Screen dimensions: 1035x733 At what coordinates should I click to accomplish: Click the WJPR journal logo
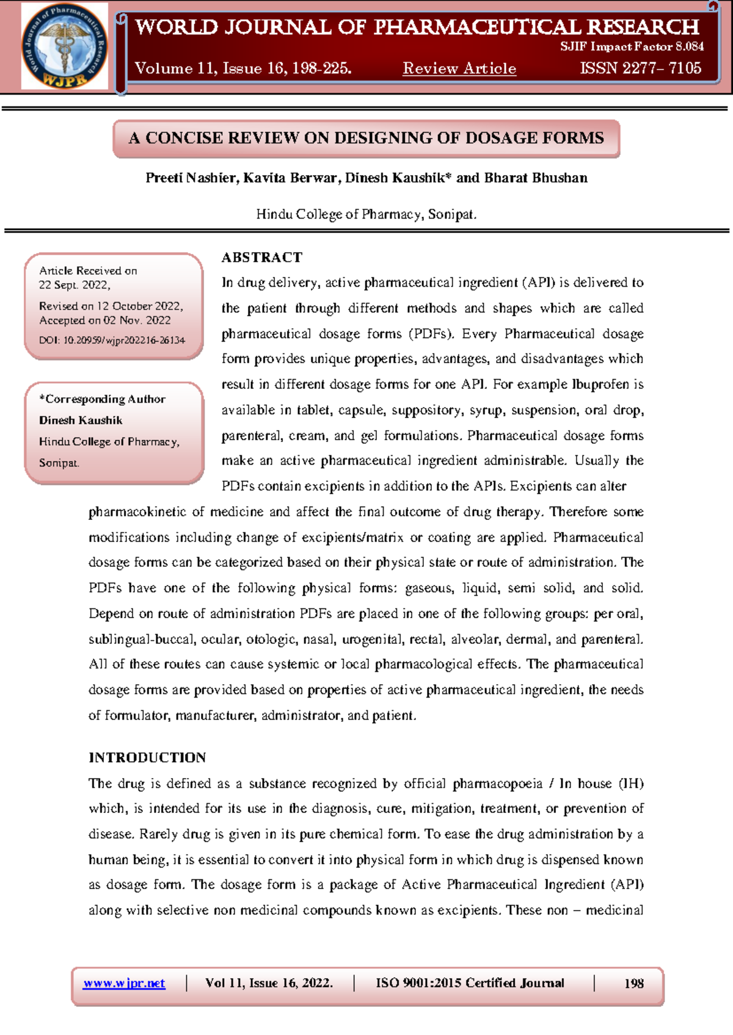tap(65, 46)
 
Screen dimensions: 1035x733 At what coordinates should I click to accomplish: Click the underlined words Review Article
tap(459, 68)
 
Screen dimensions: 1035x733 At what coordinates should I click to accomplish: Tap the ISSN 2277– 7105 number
tap(640, 68)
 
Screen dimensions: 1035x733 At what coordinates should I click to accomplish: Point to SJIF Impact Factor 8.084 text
tap(632, 46)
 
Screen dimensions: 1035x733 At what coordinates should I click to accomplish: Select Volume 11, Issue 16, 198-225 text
tap(243, 68)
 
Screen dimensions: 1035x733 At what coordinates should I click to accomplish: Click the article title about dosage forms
tap(366, 138)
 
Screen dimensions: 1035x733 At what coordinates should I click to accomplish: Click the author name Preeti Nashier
tap(191, 178)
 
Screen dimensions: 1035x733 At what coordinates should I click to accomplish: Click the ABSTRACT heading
tap(261, 258)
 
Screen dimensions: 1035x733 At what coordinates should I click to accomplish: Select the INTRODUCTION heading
tap(147, 757)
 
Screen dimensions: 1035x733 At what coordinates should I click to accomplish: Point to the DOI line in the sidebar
tap(112, 340)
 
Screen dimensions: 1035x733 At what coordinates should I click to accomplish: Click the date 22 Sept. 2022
tap(75, 285)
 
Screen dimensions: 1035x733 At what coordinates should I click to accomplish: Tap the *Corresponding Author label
tap(102, 399)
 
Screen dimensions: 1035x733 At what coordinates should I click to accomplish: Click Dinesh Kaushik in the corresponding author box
tap(81, 420)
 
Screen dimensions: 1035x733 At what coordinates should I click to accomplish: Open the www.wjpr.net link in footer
tap(124, 983)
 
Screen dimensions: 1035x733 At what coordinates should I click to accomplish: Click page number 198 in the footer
tap(633, 983)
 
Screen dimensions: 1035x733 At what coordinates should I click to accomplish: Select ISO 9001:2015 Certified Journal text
tap(470, 983)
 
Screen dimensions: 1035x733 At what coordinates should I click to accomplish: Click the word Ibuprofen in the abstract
tap(601, 384)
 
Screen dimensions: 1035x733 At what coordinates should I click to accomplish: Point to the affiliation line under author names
tap(366, 214)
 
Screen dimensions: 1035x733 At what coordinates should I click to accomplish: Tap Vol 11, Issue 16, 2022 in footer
tap(269, 983)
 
